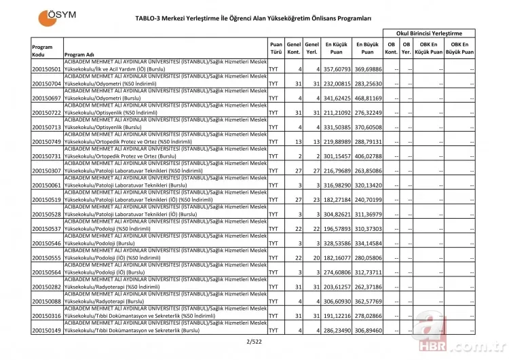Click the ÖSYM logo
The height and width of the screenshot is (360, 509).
[56, 16]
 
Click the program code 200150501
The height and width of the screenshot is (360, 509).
[46, 69]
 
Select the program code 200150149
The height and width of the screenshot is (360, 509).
[46, 331]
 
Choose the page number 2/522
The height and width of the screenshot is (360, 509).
[254, 341]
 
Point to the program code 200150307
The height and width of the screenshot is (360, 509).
[46, 171]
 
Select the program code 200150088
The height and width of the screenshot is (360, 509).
[46, 302]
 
